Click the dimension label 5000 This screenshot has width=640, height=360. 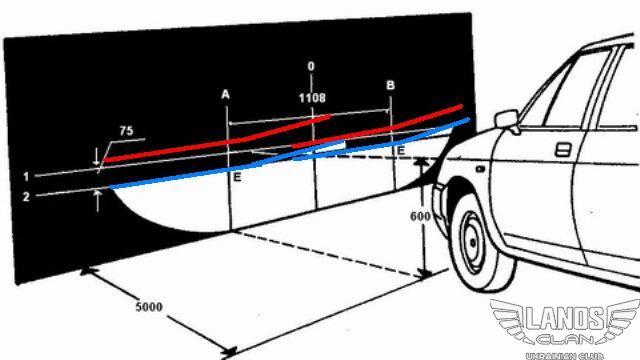[149, 307]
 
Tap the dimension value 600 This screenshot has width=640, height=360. [420, 216]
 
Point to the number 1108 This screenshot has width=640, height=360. [312, 98]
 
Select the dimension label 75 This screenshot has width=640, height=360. [126, 131]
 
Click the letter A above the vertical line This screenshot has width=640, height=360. [225, 95]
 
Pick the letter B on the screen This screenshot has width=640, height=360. [390, 85]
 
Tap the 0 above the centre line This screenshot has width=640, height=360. [311, 66]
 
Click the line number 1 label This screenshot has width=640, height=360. [26, 176]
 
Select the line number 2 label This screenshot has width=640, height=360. [26, 197]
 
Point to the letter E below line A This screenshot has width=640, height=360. [237, 177]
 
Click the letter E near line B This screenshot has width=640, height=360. [400, 151]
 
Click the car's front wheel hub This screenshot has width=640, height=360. [473, 242]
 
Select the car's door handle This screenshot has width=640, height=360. [563, 149]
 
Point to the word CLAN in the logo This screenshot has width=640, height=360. [565, 339]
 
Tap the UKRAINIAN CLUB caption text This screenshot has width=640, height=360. [564, 356]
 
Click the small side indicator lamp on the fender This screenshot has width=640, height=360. [480, 169]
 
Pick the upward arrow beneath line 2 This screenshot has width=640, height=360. [97, 201]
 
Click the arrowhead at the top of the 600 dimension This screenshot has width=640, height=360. [421, 162]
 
